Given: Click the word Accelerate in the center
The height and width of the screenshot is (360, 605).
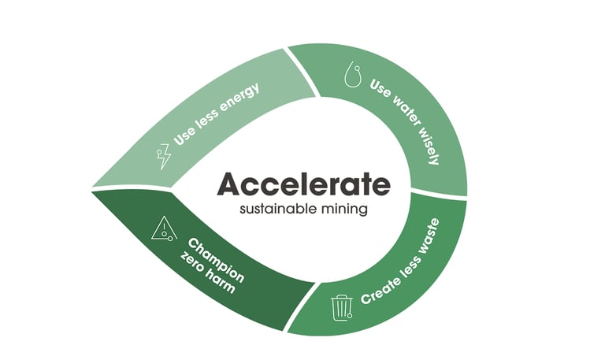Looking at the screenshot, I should point(303,184).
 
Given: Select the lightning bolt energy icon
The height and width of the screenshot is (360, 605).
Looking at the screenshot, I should point(165,156).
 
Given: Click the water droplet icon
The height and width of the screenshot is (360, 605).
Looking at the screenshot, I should point(353,76).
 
